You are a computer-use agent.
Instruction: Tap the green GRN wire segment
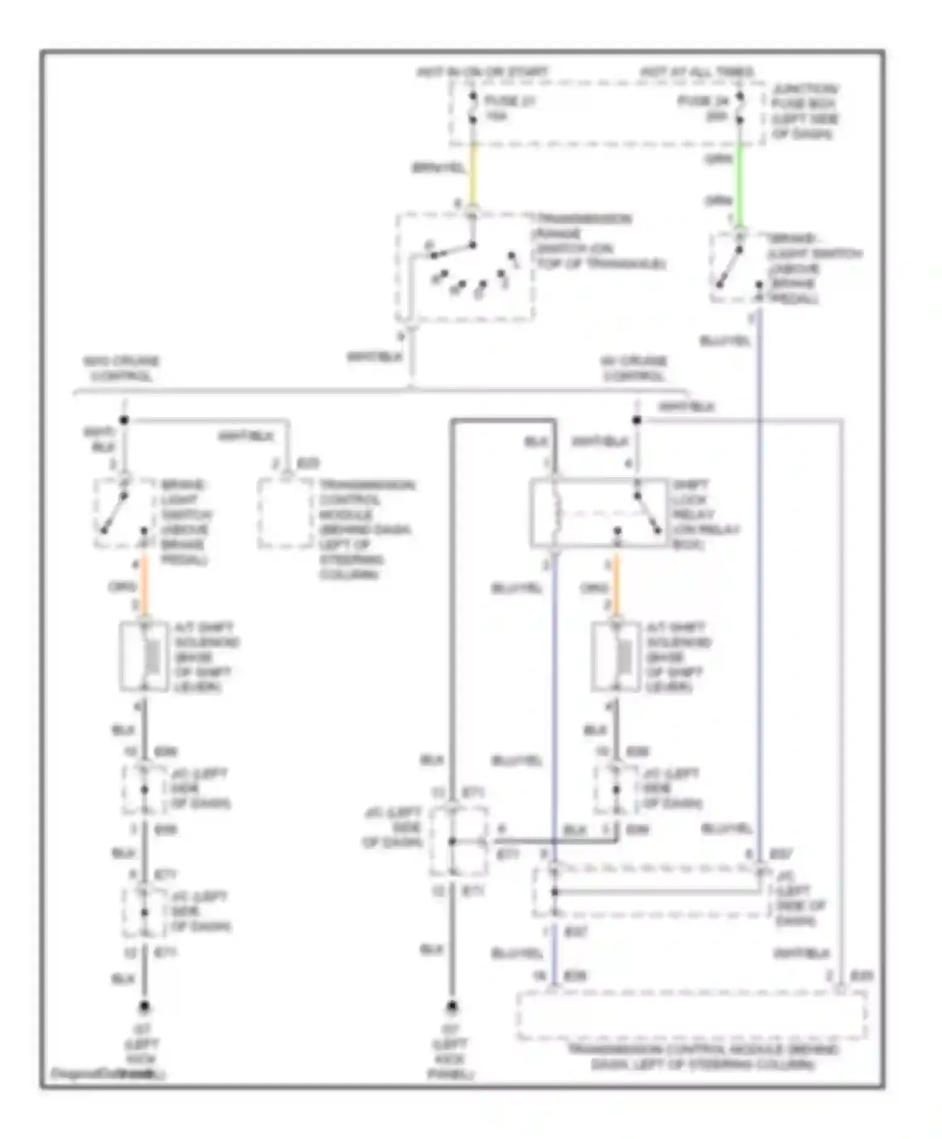pos(740,182)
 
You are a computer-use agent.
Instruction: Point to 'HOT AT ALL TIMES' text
pos(697,72)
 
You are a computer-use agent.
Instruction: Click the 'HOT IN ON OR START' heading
pos(482,72)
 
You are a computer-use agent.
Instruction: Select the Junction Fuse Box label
pos(804,112)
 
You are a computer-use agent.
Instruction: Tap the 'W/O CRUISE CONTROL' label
pos(121,369)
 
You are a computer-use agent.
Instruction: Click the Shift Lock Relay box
pos(598,513)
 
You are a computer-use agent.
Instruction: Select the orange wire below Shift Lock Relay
pos(616,585)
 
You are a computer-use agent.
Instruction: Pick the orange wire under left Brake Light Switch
pos(144,585)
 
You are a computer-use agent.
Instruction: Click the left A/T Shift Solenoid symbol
pos(144,657)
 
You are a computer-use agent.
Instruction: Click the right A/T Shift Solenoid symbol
pos(616,657)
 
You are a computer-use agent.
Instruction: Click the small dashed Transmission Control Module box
pos(285,513)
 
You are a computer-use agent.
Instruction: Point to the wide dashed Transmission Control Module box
pos(691,1015)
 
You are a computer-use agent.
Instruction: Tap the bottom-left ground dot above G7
pos(144,1007)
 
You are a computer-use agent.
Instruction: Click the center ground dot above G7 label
pos(452,1007)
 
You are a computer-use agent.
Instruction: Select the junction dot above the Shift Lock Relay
pos(636,420)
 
